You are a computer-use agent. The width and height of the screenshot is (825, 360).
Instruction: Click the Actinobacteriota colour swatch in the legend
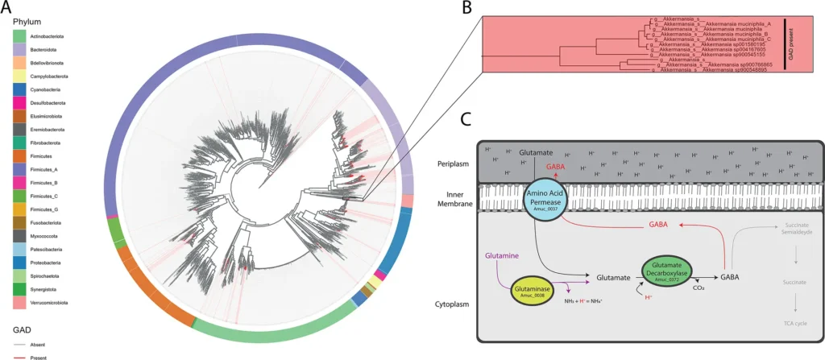pos(22,36)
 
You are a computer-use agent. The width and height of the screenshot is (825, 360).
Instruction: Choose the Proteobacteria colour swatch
pos(22,262)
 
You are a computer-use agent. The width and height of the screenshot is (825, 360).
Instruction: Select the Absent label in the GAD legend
pos(48,345)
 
